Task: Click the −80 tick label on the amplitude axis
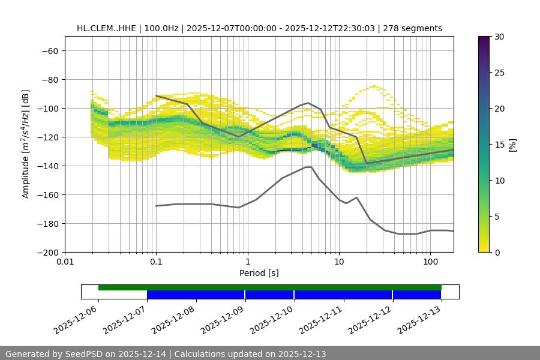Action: pyautogui.click(x=49, y=79)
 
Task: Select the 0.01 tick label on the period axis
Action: pyautogui.click(x=65, y=262)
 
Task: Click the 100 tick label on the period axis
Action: pyautogui.click(x=430, y=262)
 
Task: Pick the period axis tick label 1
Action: pyautogui.click(x=248, y=262)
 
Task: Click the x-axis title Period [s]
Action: pyautogui.click(x=259, y=273)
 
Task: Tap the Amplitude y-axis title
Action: pyautogui.click(x=26, y=144)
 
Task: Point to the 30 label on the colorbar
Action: pyautogui.click(x=499, y=37)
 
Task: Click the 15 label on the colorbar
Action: pyautogui.click(x=499, y=145)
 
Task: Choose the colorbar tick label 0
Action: pyautogui.click(x=496, y=252)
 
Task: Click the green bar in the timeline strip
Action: pyautogui.click(x=270, y=287)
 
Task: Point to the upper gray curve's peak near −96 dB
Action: pyautogui.click(x=308, y=103)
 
